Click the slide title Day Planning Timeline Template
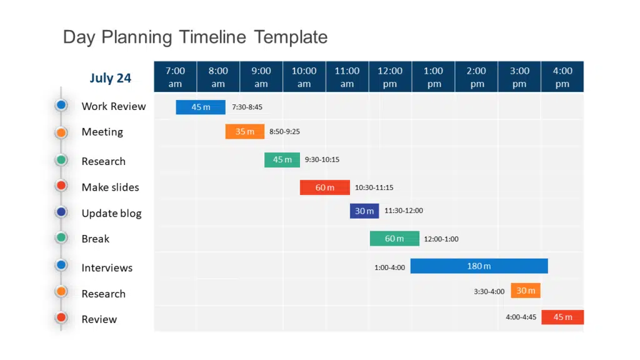coord(195,37)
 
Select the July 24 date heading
coord(110,78)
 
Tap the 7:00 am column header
coord(175,77)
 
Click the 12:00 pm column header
coord(389,77)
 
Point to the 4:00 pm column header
coord(562,77)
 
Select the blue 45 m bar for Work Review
coord(201,107)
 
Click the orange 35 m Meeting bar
coord(244,132)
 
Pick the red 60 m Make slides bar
coord(324,187)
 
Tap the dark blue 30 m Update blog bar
coord(364,211)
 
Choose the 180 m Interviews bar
coord(479,266)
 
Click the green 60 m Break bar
coord(394,239)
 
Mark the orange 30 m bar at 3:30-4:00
coord(526,291)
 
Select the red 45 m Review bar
coord(562,317)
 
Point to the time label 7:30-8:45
coord(247,107)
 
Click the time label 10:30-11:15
coord(374,187)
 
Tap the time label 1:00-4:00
coord(389,267)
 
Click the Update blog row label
coord(111,213)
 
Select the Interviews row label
coord(107,267)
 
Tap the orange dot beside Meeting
coord(61,132)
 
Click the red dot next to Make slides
coord(61,186)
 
